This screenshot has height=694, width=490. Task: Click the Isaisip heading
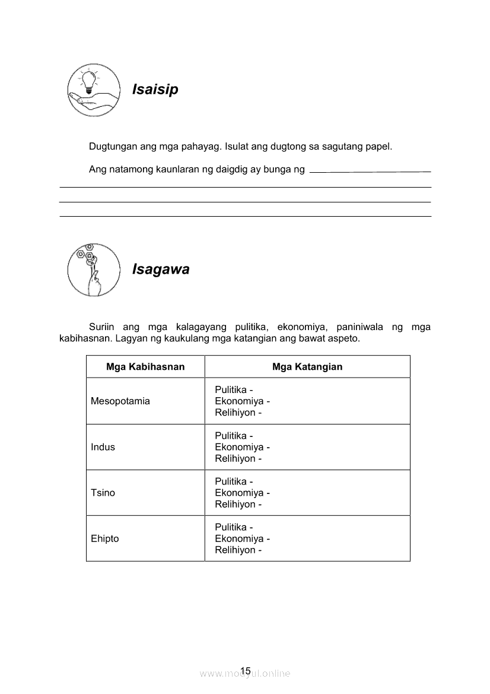pos(155,90)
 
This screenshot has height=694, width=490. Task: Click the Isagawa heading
pos(161,270)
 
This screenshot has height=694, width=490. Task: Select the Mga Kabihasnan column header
pos(145,367)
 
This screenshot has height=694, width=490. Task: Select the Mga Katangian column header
pos(307,367)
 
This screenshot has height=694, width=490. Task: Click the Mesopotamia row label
pos(120,401)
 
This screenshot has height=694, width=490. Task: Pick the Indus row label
pos(103,447)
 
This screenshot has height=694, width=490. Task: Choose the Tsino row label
pos(103,493)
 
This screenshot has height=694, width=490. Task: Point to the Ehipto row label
pos(105,538)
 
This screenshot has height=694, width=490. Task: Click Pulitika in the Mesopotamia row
pos(231,390)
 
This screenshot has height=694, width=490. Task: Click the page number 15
pos(246,670)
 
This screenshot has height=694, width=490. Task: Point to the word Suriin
pos(101,327)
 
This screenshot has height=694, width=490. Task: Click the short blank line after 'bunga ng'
pos(370,172)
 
